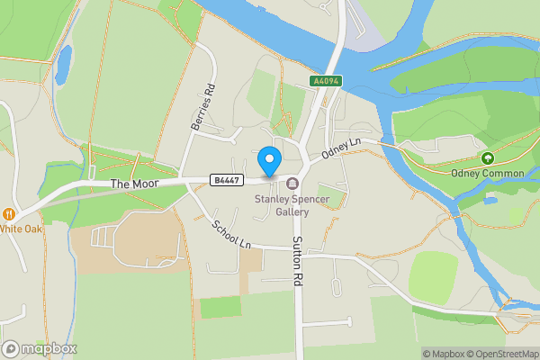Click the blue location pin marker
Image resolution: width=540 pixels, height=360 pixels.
[268, 161]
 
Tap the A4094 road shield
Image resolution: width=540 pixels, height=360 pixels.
[325, 81]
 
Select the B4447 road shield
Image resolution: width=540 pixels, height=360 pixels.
[225, 180]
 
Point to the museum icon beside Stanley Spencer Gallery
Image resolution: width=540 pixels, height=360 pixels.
[292, 184]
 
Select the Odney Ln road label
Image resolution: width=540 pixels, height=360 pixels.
[342, 147]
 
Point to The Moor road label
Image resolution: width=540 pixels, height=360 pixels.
[133, 184]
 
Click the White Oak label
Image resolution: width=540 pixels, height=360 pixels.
[21, 228]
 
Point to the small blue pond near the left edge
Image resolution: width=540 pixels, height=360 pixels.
[63, 65]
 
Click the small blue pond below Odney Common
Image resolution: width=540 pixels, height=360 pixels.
[490, 200]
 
